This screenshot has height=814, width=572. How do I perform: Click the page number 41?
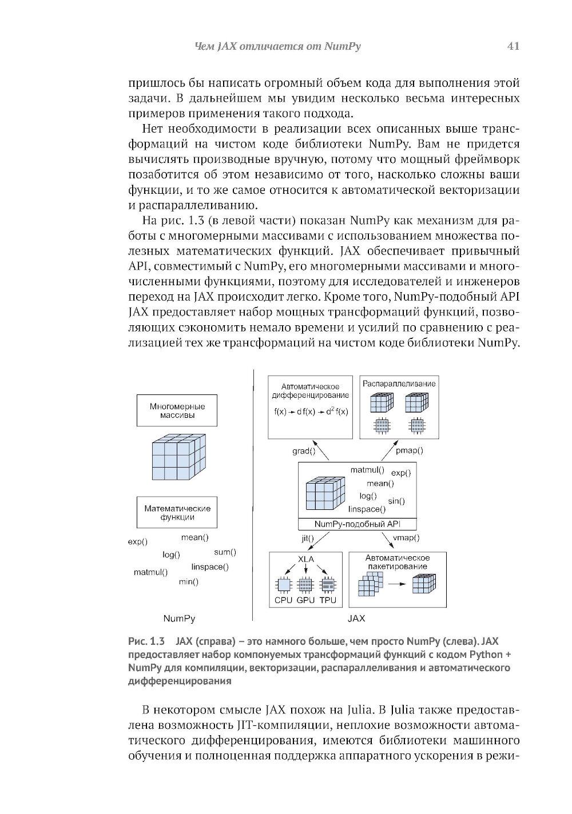513,47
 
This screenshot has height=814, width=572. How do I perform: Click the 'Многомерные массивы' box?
177,410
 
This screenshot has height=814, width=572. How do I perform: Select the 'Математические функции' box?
177,512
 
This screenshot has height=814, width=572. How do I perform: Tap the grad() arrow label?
304,450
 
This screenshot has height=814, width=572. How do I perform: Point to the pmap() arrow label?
410,450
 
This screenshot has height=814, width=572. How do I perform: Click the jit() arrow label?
308,538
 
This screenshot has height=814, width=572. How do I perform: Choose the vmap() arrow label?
407,538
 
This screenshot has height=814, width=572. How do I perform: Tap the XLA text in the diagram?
306,558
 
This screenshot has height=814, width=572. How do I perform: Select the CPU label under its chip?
283,601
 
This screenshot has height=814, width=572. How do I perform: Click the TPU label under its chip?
328,601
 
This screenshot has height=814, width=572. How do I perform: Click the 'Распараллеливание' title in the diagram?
399,384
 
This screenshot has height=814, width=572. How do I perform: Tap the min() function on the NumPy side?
188,582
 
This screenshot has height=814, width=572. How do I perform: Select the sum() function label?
225,552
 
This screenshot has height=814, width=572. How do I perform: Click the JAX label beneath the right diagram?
356,619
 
